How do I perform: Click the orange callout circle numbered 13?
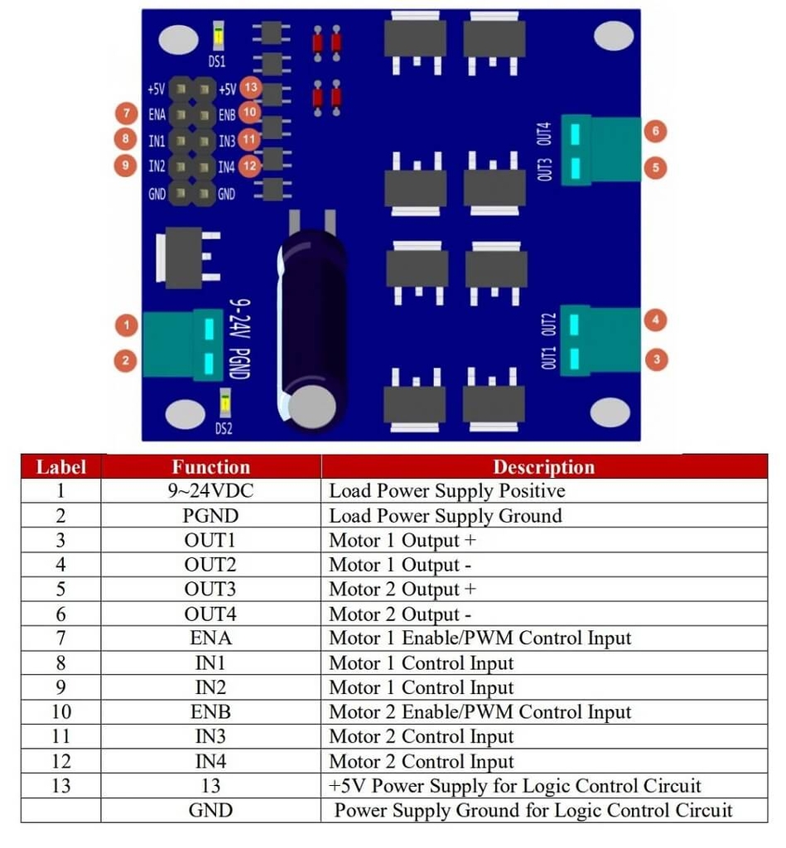[250, 87]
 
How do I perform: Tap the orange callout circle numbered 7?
[127, 113]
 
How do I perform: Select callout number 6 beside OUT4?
[655, 131]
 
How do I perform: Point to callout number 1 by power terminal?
[127, 325]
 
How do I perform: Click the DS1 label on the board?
[217, 61]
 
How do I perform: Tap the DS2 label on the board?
[224, 428]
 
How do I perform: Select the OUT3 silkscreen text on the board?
[545, 169]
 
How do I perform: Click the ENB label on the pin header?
[227, 114]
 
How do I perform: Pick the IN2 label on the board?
[157, 166]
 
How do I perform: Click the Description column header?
[543, 467]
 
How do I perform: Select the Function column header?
[211, 467]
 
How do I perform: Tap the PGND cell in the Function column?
[210, 515]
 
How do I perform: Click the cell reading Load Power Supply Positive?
[447, 490]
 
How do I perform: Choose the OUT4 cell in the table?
[210, 614]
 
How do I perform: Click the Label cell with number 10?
[61, 711]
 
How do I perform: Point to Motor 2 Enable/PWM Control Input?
[480, 712]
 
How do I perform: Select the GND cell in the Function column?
[210, 810]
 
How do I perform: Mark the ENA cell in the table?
[210, 638]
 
